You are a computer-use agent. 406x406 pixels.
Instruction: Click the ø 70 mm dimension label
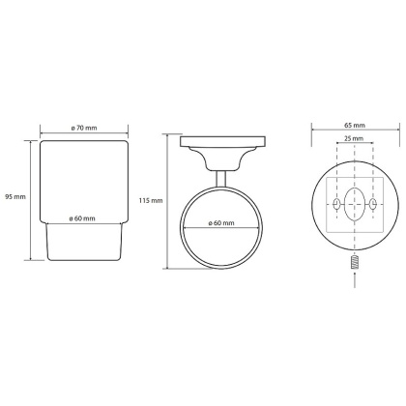[x=84, y=128]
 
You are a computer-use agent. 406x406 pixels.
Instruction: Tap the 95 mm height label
[x=15, y=196]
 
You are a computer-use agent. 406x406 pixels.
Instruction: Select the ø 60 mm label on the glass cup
[x=82, y=218]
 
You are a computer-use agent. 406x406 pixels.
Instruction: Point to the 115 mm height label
[x=151, y=201]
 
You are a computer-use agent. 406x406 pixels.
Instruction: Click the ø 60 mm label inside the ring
[x=221, y=223]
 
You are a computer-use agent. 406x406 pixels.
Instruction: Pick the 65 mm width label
[x=355, y=125]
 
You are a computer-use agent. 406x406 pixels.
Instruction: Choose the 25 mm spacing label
[x=354, y=139]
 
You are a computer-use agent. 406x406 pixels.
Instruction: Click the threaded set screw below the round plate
[x=355, y=263]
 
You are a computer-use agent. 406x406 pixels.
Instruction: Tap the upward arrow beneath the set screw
[x=355, y=279]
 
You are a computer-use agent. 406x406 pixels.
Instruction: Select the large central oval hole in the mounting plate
[x=355, y=204]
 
